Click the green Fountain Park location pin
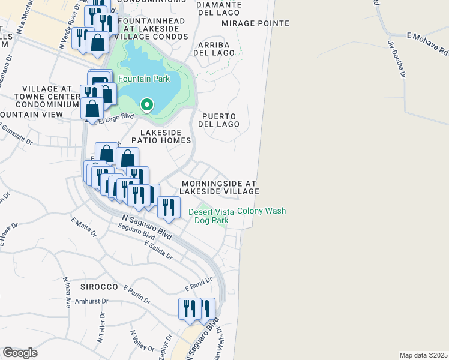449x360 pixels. click(x=147, y=106)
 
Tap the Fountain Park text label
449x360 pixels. click(x=143, y=79)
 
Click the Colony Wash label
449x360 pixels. click(x=261, y=211)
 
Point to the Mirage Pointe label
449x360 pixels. click(x=255, y=23)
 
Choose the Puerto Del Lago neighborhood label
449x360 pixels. click(x=220, y=120)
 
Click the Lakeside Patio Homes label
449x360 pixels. click(x=165, y=136)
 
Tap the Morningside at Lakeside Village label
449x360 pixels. click(x=220, y=187)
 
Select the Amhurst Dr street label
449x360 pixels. click(x=91, y=301)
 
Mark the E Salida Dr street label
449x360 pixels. click(x=157, y=251)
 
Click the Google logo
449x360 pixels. click(x=20, y=353)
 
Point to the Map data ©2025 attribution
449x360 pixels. click(x=423, y=355)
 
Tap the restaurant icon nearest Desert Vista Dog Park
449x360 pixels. click(x=169, y=207)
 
